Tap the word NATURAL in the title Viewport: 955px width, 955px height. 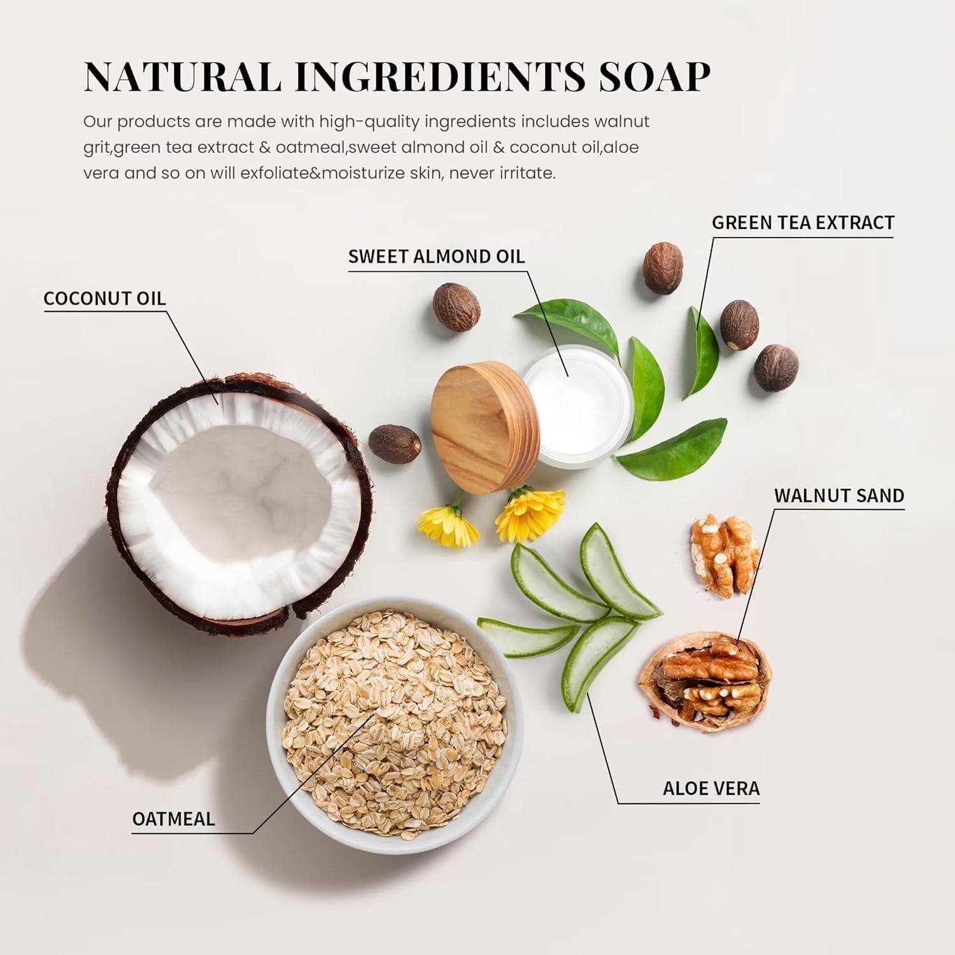[183, 77]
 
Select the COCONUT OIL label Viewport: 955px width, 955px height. [104, 298]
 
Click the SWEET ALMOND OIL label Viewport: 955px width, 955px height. [436, 257]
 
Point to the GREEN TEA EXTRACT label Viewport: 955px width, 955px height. [803, 222]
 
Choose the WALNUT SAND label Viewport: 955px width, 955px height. [839, 495]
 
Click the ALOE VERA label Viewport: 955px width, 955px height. [711, 788]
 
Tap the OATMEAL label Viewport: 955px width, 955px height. [173, 819]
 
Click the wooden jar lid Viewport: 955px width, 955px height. [486, 428]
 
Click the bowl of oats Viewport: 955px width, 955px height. [394, 723]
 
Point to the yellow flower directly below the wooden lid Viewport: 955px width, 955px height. [530, 513]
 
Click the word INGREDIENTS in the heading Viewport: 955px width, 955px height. [439, 77]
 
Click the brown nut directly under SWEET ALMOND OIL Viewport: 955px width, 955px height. [456, 308]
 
